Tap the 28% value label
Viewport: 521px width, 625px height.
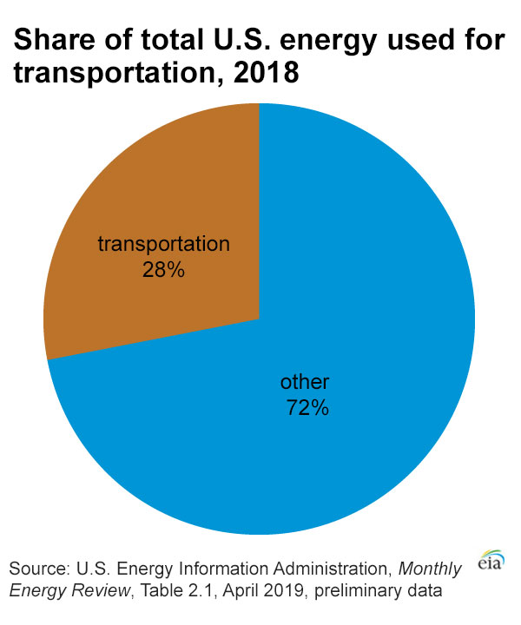point(163,270)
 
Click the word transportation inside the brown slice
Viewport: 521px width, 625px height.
point(163,244)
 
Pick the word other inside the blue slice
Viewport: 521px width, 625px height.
point(306,382)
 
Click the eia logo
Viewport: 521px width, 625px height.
point(492,560)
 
